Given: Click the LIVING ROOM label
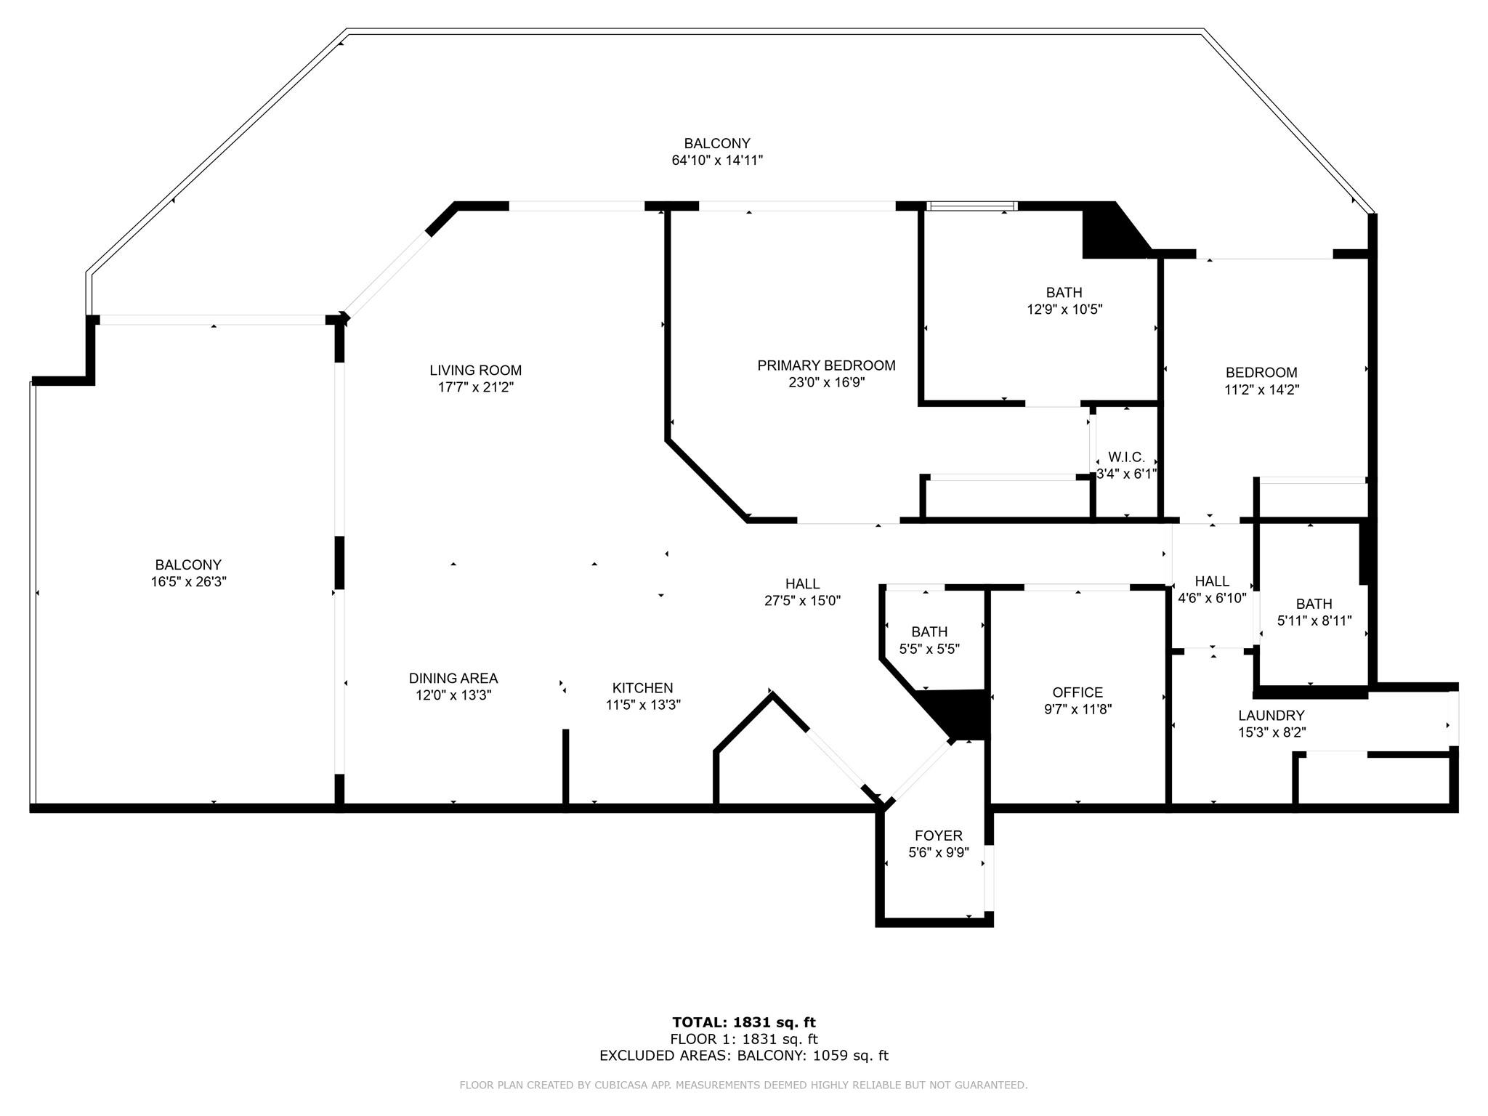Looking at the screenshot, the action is click(x=475, y=371).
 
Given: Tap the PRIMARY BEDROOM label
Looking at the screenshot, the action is click(x=826, y=365).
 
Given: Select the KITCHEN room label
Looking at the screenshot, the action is click(x=642, y=688).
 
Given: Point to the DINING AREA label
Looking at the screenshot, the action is click(x=453, y=679).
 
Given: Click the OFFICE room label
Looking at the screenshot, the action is click(x=1077, y=693).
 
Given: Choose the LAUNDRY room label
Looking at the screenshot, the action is click(x=1271, y=716).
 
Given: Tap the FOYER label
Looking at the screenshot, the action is click(x=939, y=836).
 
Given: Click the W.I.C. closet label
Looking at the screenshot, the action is click(x=1126, y=458).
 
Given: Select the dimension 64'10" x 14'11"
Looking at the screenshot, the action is click(x=717, y=161).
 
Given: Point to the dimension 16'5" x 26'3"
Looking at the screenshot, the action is click(x=188, y=582).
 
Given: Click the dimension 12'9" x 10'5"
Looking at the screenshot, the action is click(x=1064, y=310).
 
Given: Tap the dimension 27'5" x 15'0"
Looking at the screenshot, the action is click(x=803, y=601).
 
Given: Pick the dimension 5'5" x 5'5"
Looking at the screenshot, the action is click(x=929, y=649).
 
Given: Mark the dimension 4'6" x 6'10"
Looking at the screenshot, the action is click(x=1212, y=599).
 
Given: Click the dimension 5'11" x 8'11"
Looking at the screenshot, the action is click(x=1314, y=621).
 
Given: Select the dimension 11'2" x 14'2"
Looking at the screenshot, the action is click(x=1262, y=389).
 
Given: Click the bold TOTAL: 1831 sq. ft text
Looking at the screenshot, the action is click(x=744, y=1023).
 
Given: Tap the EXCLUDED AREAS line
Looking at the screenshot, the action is click(x=744, y=1056).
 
